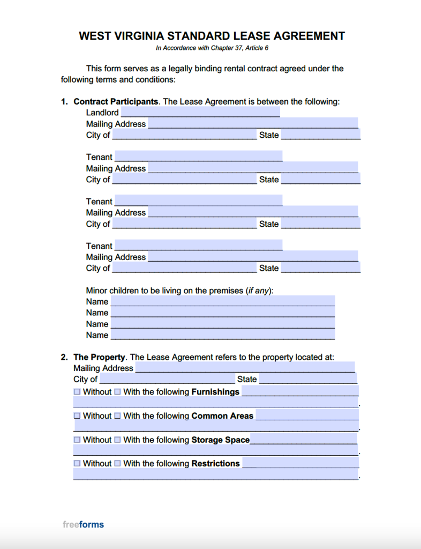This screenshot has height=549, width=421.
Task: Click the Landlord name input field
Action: point(200,112)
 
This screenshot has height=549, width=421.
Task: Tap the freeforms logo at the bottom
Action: point(83,524)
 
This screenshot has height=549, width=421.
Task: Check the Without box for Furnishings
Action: point(77,392)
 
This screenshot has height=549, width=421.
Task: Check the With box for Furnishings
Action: point(117,392)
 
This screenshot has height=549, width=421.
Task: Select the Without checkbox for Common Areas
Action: point(77,416)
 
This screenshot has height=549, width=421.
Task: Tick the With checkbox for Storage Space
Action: point(117,440)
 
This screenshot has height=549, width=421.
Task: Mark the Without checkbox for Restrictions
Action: point(77,463)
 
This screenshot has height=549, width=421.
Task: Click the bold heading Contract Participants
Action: point(116,101)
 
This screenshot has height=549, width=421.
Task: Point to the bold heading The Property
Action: point(99,357)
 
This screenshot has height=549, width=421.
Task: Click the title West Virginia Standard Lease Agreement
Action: point(212,36)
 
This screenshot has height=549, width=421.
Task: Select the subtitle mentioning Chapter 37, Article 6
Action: point(212,48)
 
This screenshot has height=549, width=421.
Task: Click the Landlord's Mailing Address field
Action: point(253,123)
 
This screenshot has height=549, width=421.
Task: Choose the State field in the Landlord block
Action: point(320,135)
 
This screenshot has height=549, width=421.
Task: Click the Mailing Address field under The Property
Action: point(245,368)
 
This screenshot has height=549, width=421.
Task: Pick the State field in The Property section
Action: point(308,379)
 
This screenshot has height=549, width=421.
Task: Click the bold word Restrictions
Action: point(215,463)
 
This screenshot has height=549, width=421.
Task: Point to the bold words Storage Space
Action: point(220,440)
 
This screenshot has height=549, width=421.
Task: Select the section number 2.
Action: point(64,357)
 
